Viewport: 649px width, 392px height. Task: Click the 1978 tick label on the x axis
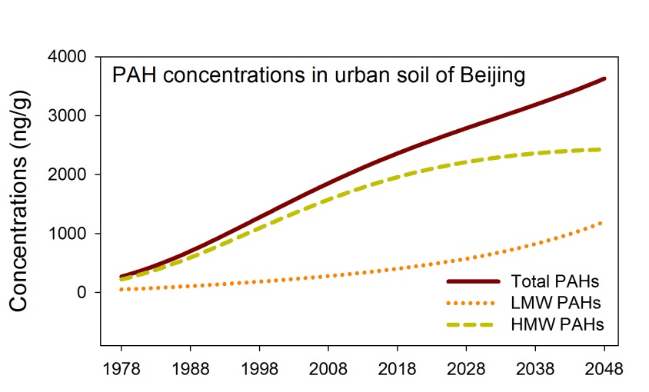(121, 368)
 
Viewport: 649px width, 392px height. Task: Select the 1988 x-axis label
(190, 368)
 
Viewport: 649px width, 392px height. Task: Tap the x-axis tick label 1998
(259, 368)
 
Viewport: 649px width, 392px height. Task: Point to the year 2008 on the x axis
(328, 368)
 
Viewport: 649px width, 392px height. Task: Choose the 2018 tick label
(398, 368)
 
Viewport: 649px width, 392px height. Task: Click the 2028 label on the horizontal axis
(467, 368)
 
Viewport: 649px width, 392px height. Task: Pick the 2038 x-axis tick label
(536, 368)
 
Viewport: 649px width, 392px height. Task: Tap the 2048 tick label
(604, 368)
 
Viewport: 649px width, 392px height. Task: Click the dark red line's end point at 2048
(604, 78)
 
